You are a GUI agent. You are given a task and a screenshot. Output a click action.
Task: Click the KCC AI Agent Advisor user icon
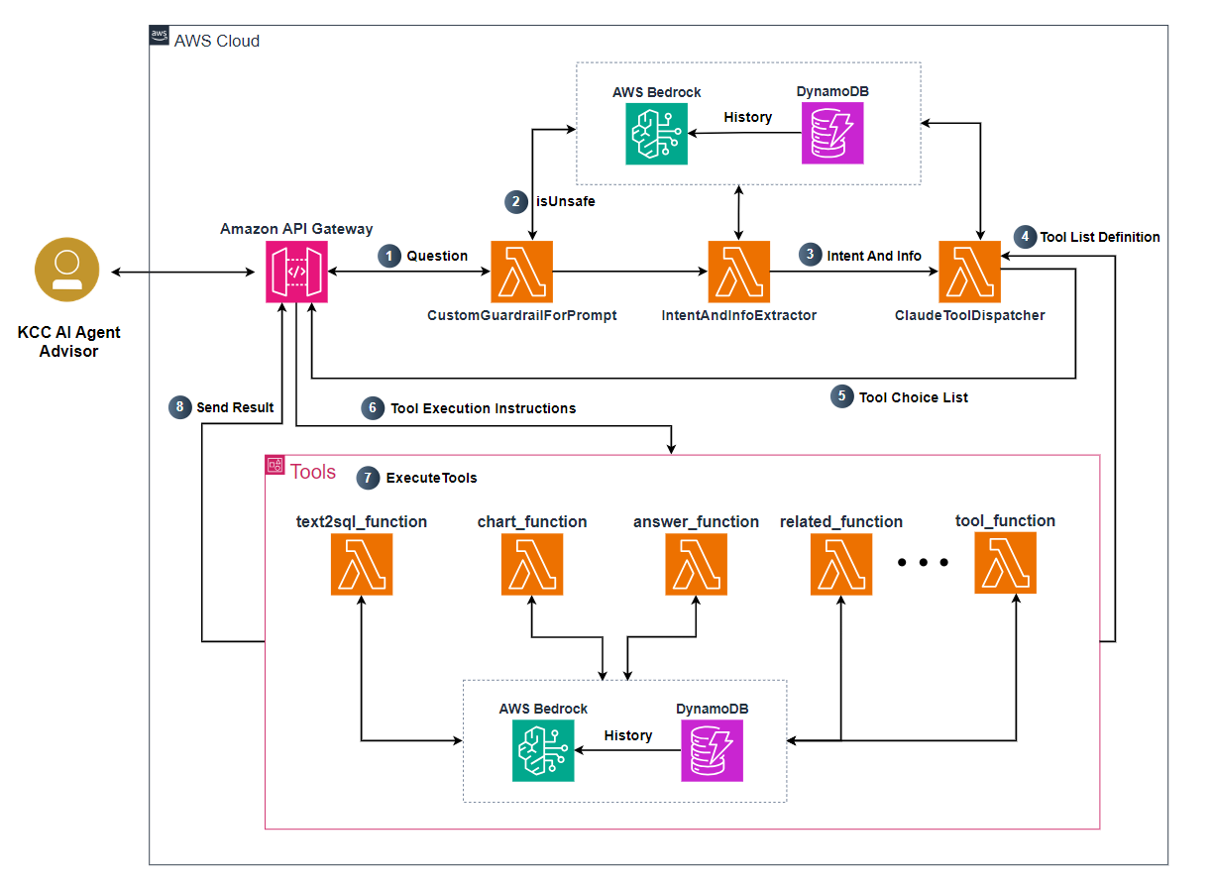tap(67, 270)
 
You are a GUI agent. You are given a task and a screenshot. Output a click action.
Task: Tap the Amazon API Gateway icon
tap(296, 272)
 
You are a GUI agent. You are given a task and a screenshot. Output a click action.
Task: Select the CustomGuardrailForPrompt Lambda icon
tap(521, 272)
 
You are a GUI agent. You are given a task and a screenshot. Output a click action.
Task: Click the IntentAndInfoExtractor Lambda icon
tap(738, 272)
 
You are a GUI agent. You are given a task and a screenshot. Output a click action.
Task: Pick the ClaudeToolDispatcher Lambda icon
tap(970, 272)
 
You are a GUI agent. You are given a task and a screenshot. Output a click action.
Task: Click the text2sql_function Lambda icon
tap(362, 565)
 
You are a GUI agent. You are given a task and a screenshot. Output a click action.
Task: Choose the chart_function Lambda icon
tap(532, 565)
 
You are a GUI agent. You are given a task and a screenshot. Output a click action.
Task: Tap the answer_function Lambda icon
tap(696, 565)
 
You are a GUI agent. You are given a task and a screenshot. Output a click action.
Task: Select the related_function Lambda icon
tap(840, 565)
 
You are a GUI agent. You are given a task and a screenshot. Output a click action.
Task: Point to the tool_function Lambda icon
tap(1005, 563)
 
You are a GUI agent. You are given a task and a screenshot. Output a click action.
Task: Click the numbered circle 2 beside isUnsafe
tap(515, 202)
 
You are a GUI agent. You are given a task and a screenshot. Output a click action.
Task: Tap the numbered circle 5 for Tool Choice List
tap(841, 396)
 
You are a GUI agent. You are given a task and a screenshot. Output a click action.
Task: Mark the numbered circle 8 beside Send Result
tap(179, 407)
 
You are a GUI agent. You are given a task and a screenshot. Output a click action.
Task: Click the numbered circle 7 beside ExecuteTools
tap(368, 478)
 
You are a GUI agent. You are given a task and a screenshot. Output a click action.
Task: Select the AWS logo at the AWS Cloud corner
tap(160, 37)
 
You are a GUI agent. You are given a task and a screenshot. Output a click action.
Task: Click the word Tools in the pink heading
tap(313, 472)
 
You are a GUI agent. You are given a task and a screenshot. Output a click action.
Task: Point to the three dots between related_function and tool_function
tap(923, 563)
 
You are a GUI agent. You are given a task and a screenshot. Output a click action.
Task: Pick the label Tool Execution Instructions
tap(483, 408)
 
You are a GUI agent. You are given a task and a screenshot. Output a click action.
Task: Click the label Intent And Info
tap(875, 256)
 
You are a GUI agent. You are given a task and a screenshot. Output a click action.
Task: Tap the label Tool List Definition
tap(1099, 237)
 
